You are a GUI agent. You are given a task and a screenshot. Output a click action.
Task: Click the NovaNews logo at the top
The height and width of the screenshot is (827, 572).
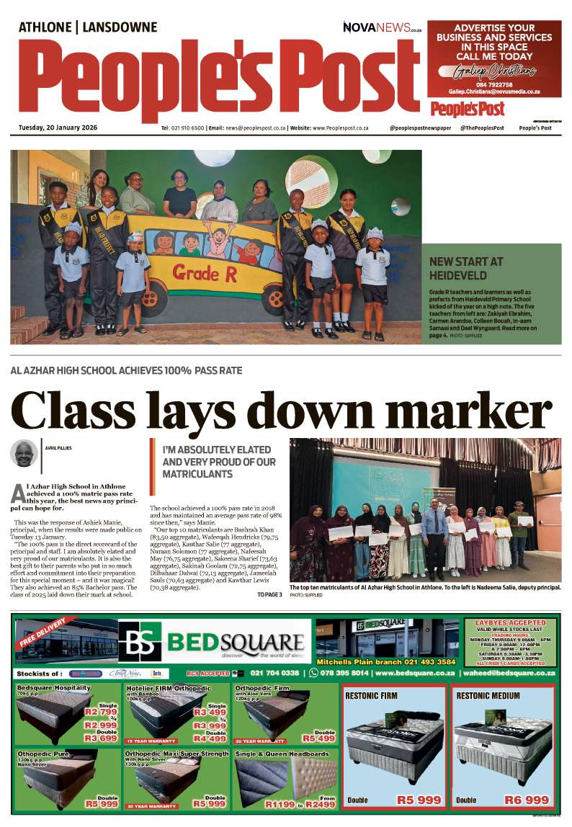click(382, 28)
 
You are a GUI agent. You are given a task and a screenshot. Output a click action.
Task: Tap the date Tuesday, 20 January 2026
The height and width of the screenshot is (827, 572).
click(58, 128)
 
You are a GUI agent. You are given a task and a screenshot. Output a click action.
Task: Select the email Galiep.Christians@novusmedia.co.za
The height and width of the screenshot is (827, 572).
click(494, 92)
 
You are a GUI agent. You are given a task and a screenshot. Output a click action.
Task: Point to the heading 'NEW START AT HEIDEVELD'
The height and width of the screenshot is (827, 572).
click(466, 268)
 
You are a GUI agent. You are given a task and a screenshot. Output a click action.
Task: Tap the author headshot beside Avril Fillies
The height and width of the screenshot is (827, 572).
click(24, 453)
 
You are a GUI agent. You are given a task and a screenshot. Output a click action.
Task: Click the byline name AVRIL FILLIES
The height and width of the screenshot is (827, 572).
click(58, 448)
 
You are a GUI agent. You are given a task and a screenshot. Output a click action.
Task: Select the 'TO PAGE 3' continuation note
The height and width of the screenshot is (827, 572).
click(269, 594)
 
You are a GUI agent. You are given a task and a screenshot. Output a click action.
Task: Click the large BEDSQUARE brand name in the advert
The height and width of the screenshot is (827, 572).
click(235, 642)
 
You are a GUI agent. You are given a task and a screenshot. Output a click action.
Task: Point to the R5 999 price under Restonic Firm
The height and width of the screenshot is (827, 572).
click(419, 800)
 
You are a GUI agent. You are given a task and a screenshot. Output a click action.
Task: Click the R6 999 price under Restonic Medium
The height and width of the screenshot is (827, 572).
click(527, 800)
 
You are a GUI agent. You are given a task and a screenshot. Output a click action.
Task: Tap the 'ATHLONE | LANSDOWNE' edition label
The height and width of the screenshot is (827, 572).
click(87, 27)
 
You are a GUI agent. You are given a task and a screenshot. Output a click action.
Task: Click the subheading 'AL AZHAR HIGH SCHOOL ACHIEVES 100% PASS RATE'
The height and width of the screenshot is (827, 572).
click(126, 370)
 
